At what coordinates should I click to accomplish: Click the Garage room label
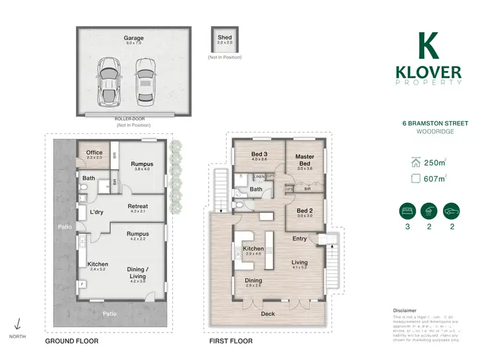click(134, 38)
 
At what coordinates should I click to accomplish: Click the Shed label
click(225, 38)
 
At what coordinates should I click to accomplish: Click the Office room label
click(94, 152)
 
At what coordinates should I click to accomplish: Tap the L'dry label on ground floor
click(97, 212)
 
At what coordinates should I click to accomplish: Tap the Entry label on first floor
click(300, 238)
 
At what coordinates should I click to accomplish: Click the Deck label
click(268, 314)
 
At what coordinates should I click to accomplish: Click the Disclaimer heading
click(404, 309)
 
